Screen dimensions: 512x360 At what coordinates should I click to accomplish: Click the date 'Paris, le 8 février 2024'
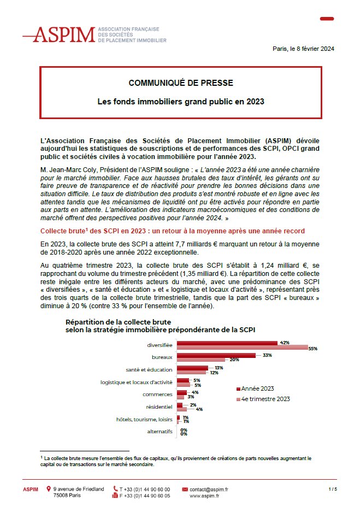point(303,49)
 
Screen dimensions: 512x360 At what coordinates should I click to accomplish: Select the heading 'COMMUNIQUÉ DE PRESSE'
point(180,83)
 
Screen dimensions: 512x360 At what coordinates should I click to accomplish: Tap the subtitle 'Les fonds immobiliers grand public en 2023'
point(180,102)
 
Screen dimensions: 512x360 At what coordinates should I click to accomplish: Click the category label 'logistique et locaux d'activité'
point(137,382)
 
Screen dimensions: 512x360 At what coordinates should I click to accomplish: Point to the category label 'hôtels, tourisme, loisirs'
point(144,419)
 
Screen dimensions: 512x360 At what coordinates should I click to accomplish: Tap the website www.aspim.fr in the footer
point(204,496)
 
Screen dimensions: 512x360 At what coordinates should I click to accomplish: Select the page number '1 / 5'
point(333,489)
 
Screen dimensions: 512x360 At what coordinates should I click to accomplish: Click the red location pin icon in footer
point(49,489)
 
